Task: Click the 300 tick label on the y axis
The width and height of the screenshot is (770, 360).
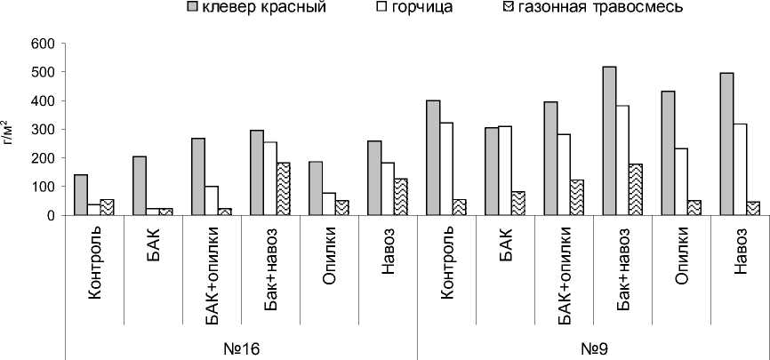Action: coord(43,130)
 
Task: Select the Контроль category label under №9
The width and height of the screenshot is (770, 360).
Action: coord(447,267)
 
